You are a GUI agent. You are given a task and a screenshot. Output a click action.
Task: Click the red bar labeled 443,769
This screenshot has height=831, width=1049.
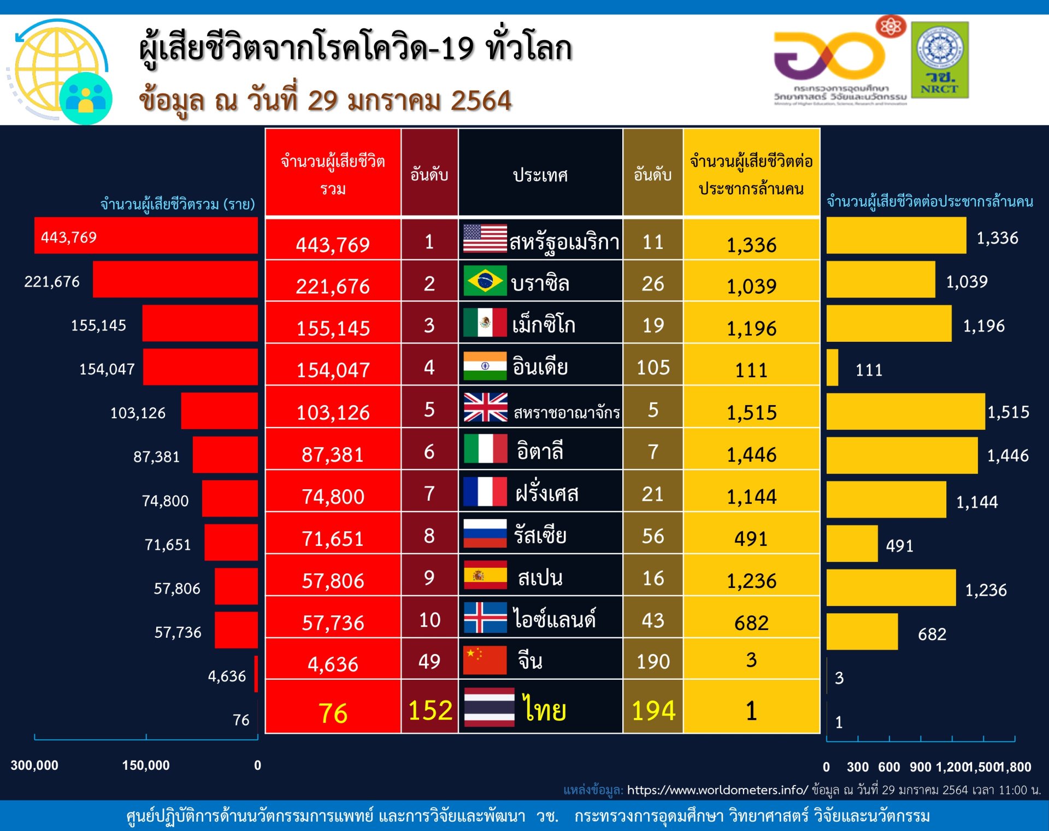click(146, 235)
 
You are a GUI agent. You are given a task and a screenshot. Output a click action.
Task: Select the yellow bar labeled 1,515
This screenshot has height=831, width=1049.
click(905, 411)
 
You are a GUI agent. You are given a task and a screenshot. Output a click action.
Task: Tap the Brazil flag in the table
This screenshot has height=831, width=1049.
click(485, 281)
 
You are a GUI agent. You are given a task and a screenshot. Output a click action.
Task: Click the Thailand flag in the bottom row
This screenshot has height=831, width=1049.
click(489, 707)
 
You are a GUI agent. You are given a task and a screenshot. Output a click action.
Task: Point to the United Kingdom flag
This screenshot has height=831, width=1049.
click(485, 407)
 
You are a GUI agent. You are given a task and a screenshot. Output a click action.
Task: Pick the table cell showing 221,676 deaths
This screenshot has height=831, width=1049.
click(333, 286)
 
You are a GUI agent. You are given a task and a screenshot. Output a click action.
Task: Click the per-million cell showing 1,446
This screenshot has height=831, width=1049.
click(751, 454)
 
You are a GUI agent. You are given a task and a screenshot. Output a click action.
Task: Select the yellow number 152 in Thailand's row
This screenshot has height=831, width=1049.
click(430, 710)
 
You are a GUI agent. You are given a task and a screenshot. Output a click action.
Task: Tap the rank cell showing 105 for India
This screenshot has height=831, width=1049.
click(653, 367)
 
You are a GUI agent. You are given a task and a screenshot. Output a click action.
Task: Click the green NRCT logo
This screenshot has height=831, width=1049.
click(940, 60)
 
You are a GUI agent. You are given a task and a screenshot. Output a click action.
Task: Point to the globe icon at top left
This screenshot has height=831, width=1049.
click(57, 68)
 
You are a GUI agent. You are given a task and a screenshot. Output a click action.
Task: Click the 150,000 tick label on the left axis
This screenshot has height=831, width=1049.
click(146, 765)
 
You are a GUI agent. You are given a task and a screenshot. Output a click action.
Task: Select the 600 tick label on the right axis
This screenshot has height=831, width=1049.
click(889, 767)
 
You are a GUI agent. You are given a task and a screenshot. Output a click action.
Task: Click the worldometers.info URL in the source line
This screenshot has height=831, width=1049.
click(717, 790)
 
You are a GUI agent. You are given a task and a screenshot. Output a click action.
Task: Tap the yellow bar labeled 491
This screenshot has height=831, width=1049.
click(852, 544)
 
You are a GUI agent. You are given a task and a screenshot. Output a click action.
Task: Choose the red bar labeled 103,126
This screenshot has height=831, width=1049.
click(219, 411)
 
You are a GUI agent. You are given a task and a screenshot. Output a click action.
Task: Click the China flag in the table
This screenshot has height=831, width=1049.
click(485, 660)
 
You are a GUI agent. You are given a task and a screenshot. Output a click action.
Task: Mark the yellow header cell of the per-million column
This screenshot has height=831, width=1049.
click(751, 174)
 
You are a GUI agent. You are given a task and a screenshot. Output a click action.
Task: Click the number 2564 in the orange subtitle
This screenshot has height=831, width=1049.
click(481, 101)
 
